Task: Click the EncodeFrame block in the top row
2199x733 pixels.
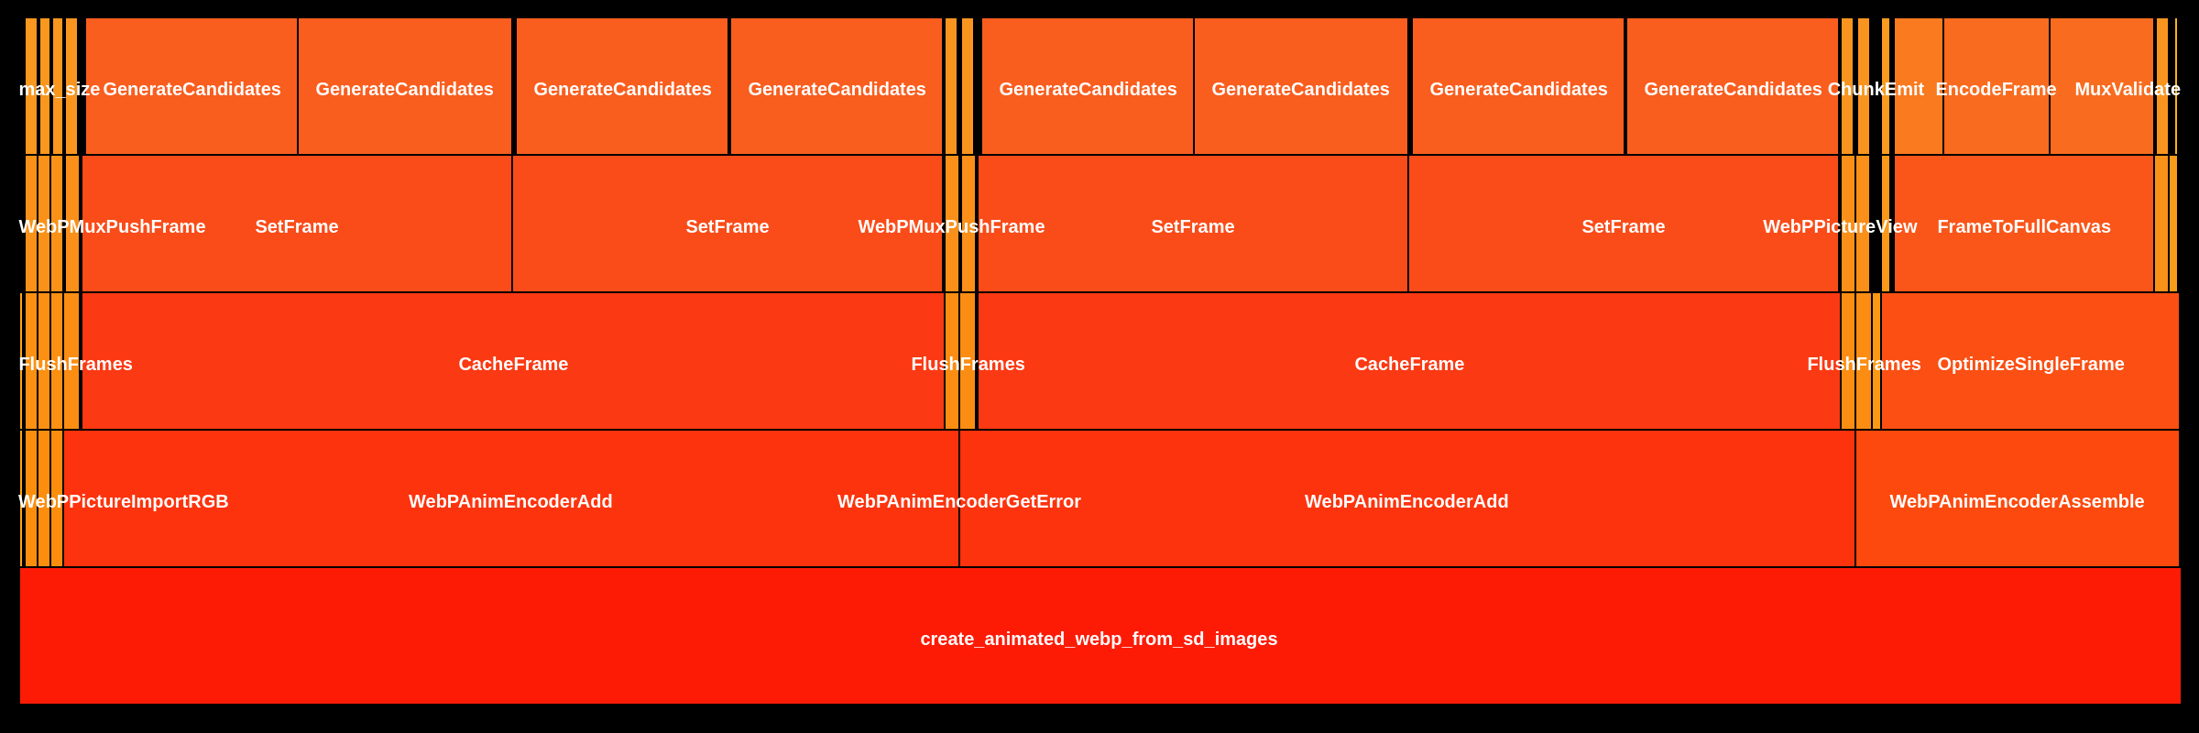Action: pos(1996,89)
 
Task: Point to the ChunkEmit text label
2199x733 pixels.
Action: pos(1875,89)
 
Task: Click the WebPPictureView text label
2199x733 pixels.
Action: pos(1839,226)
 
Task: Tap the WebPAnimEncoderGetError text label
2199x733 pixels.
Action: pos(958,501)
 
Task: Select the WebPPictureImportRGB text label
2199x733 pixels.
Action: pos(123,501)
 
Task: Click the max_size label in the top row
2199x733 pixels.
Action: pos(60,89)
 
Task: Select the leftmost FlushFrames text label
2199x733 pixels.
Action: pos(75,364)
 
